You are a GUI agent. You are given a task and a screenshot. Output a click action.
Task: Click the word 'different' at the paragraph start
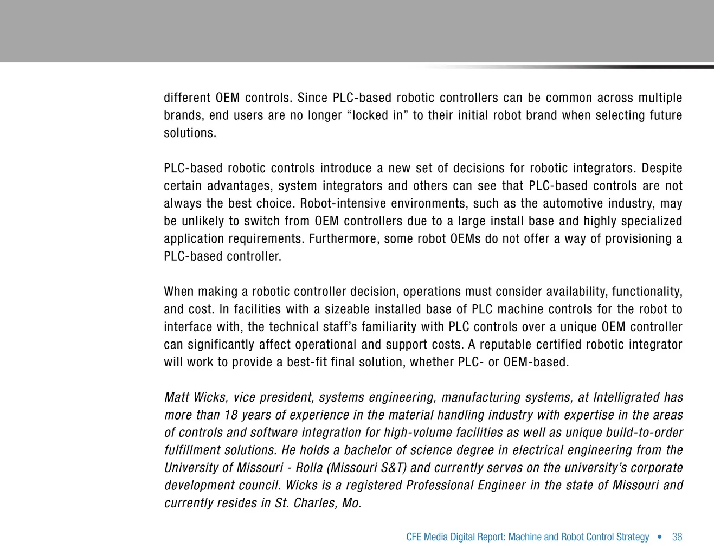tap(186, 98)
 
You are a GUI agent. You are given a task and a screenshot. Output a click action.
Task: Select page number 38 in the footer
tap(677, 537)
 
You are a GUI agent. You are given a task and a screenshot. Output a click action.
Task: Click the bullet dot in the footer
tap(659, 537)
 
